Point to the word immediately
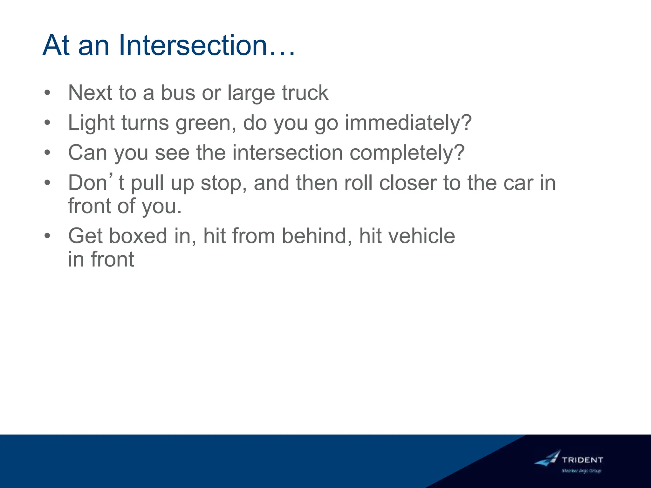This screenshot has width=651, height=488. click(x=408, y=123)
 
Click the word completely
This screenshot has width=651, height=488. click(x=407, y=153)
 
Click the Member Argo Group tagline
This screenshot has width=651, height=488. click(x=581, y=471)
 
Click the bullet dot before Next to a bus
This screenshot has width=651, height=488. click(x=47, y=93)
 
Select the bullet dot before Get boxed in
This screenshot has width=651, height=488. click(x=47, y=236)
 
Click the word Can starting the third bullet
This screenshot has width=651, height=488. click(x=87, y=153)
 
